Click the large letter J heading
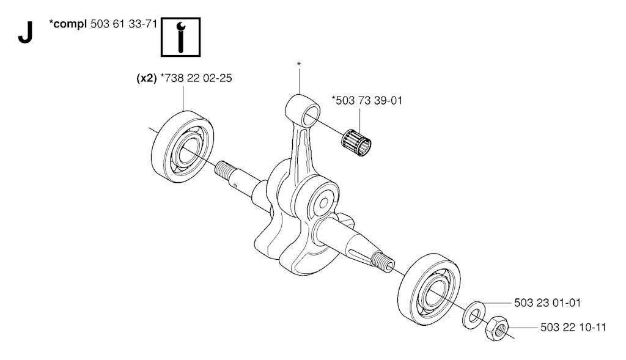click(24, 32)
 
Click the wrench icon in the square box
click(180, 37)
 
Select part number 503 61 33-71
click(123, 24)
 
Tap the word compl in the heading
click(70, 24)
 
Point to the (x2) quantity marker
click(147, 78)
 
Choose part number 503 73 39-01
click(367, 101)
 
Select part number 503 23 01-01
click(547, 303)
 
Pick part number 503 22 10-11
click(573, 328)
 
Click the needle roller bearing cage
click(356, 142)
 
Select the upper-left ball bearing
click(182, 147)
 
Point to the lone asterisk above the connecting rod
click(298, 64)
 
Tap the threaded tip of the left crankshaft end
click(225, 171)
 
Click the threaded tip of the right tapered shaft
click(383, 262)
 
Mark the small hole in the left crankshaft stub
click(235, 185)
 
